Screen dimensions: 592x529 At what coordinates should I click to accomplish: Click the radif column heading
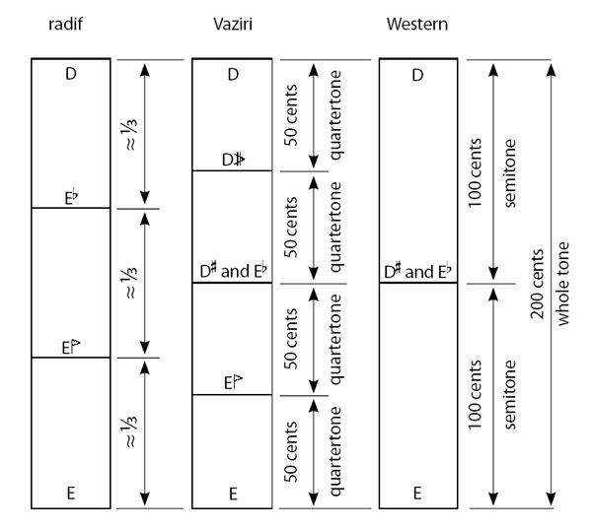[x=66, y=24]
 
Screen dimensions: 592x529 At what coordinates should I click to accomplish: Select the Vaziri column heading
[x=233, y=24]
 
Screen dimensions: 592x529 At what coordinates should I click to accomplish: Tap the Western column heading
[x=417, y=24]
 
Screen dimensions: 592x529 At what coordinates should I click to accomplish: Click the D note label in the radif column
[x=71, y=74]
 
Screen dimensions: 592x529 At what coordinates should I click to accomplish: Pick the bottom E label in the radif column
[x=71, y=494]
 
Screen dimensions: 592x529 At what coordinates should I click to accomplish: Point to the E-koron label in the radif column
[x=71, y=348]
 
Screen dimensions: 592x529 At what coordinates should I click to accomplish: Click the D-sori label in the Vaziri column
[x=233, y=160]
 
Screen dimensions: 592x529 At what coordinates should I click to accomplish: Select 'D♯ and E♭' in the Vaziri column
[x=233, y=271]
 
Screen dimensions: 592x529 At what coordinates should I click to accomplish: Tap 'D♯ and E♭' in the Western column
[x=417, y=272]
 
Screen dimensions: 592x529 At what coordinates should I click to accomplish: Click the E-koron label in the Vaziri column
[x=233, y=382]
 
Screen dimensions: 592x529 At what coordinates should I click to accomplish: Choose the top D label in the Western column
[x=417, y=76]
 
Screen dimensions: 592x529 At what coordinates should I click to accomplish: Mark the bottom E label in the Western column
[x=417, y=494]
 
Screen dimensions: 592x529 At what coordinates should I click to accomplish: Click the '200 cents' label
[x=537, y=284]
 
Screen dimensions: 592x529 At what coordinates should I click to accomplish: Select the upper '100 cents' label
[x=475, y=172]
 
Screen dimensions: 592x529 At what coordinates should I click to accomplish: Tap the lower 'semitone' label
[x=509, y=394]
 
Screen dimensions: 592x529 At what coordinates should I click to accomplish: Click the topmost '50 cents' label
[x=291, y=115]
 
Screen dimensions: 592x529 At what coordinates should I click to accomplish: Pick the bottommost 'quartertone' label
[x=335, y=452]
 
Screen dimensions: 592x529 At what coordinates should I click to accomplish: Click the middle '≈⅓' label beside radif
[x=130, y=283]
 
